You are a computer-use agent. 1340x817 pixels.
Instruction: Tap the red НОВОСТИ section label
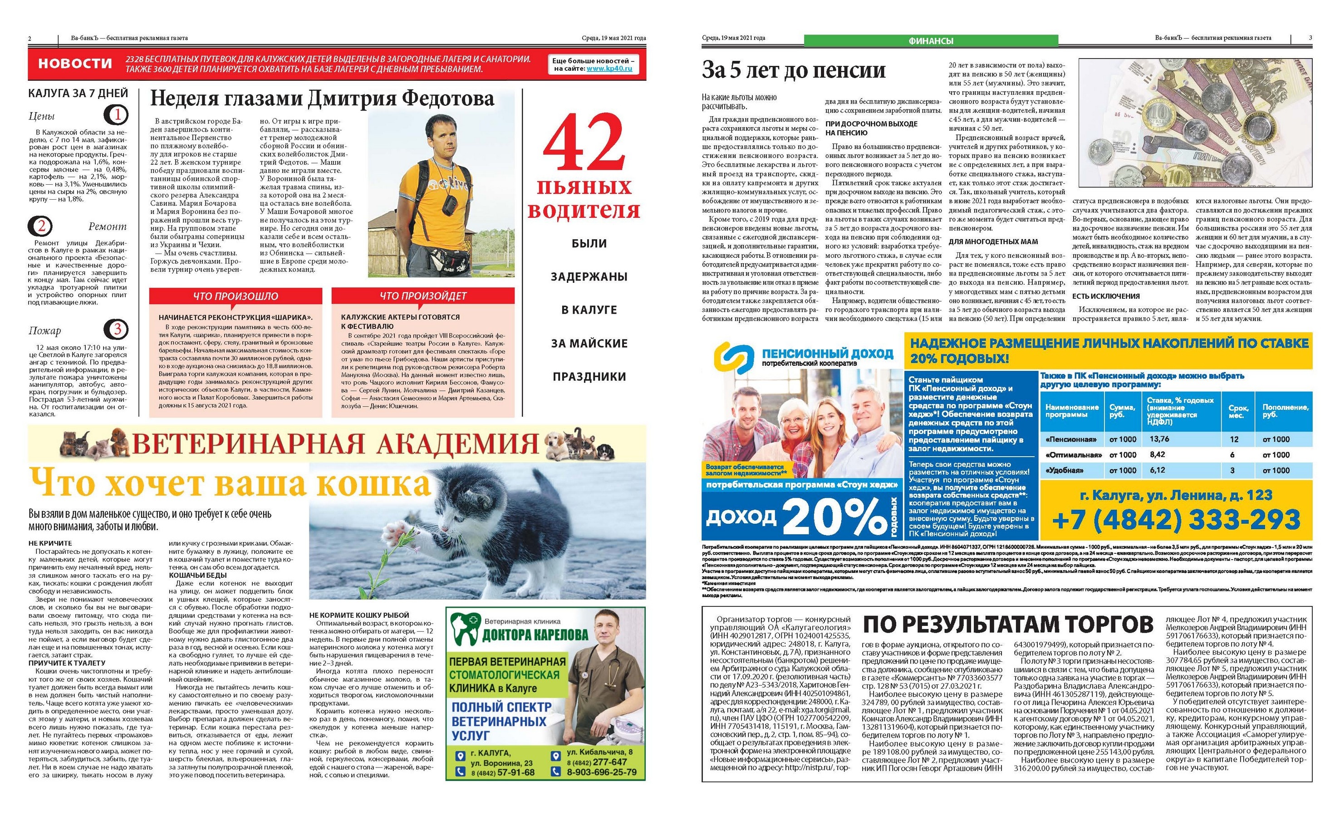pyautogui.click(x=75, y=64)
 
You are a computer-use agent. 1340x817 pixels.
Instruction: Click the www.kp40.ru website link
pyautogui.click(x=609, y=69)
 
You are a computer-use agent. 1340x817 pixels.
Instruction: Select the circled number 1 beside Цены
pyautogui.click(x=116, y=115)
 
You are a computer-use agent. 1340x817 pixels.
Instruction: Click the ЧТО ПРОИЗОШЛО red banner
pyautogui.click(x=236, y=296)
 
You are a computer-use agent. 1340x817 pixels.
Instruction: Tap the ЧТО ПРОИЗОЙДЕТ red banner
pyautogui.click(x=422, y=296)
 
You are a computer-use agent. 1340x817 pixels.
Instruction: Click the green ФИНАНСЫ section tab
pyautogui.click(x=931, y=41)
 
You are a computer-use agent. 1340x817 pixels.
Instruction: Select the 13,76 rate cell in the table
pyautogui.click(x=1159, y=439)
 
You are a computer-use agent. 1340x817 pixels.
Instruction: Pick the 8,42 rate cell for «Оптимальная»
pyautogui.click(x=1157, y=455)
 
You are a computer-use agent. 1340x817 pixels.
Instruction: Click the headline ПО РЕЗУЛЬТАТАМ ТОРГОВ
pyautogui.click(x=1008, y=625)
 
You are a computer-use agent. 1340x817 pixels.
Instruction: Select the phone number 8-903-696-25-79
pyautogui.click(x=601, y=772)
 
